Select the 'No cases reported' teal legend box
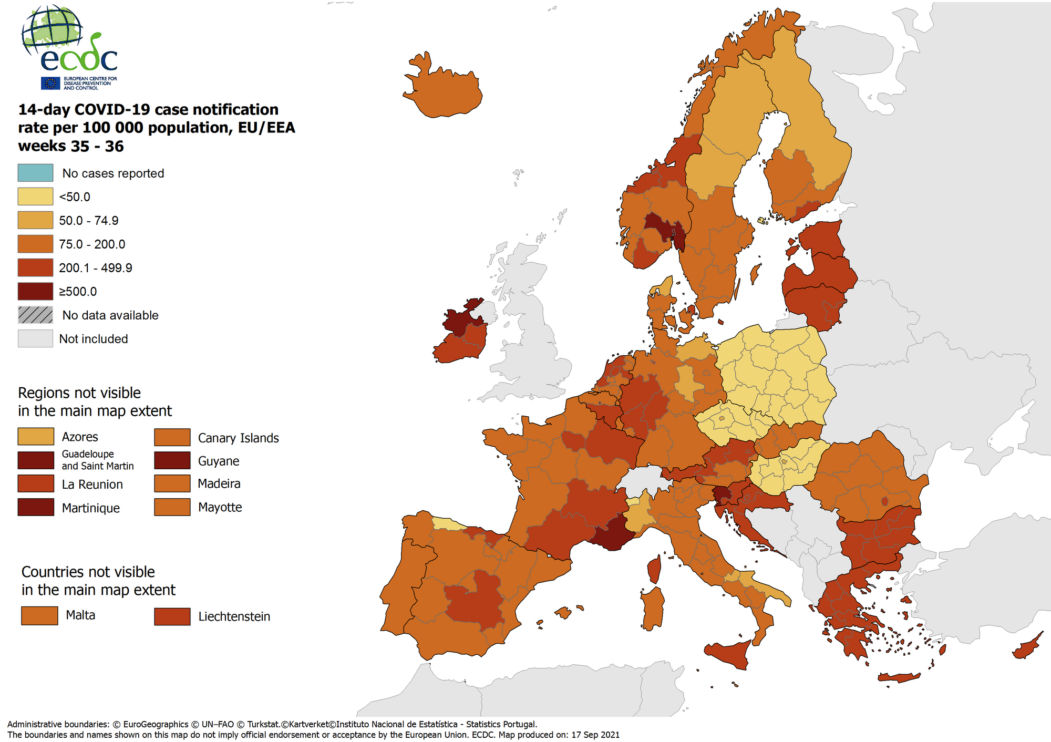[x=35, y=173]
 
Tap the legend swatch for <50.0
[x=35, y=197]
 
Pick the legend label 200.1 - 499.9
[x=95, y=268]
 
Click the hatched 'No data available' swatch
[x=35, y=315]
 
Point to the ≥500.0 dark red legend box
[x=35, y=291]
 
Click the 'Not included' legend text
[x=93, y=339]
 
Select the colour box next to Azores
[x=35, y=437]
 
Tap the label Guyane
[x=218, y=461]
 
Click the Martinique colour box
[x=35, y=508]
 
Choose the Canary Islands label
[x=238, y=438]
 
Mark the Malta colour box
[x=39, y=615]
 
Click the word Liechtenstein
[x=234, y=616]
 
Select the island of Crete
[x=899, y=678]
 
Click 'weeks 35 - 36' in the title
[x=70, y=146]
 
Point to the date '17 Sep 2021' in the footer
[x=595, y=735]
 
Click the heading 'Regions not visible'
[x=79, y=393]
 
